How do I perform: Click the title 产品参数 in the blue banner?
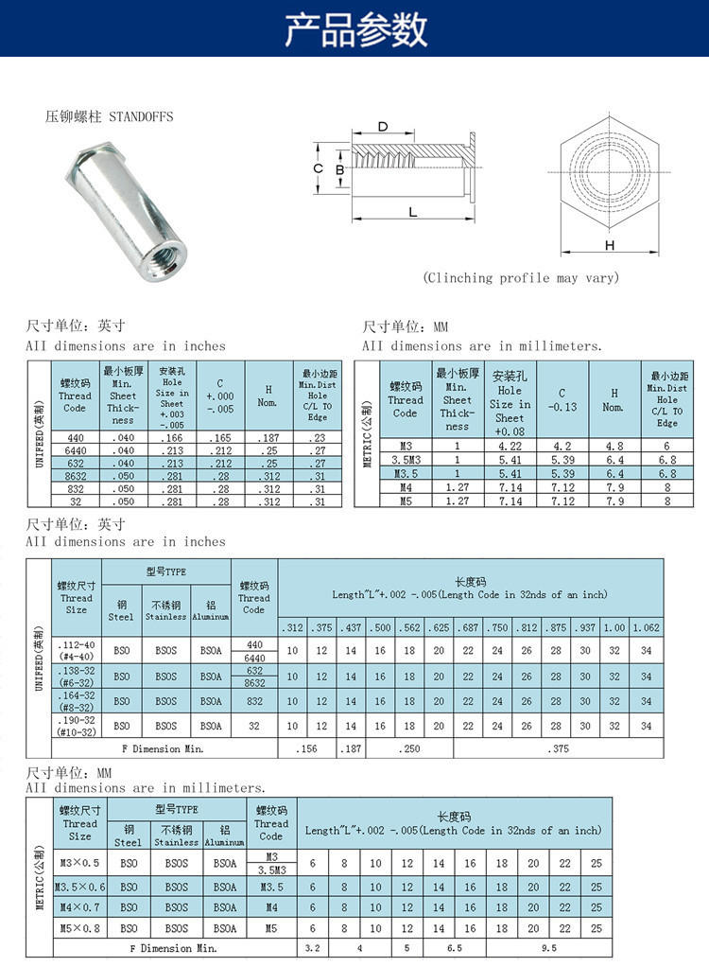pyautogui.click(x=355, y=29)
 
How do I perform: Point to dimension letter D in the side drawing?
pyautogui.click(x=383, y=127)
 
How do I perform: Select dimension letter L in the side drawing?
pyautogui.click(x=413, y=212)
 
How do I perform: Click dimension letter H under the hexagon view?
pyautogui.click(x=610, y=245)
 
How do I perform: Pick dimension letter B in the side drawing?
pyautogui.click(x=339, y=169)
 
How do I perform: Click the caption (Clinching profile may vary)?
pyautogui.click(x=521, y=278)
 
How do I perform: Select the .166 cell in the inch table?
pyautogui.click(x=171, y=438)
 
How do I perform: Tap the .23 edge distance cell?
pyautogui.click(x=317, y=438)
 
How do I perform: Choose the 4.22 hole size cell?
pyautogui.click(x=509, y=446)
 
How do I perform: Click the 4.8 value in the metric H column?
pyautogui.click(x=614, y=446)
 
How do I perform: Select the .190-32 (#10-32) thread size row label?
pyautogui.click(x=77, y=726)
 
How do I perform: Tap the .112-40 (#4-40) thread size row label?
pyautogui.click(x=77, y=651)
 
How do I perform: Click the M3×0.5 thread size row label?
pyautogui.click(x=79, y=863)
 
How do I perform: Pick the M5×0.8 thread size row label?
pyautogui.click(x=79, y=928)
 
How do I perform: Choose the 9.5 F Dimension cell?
pyautogui.click(x=548, y=947)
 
